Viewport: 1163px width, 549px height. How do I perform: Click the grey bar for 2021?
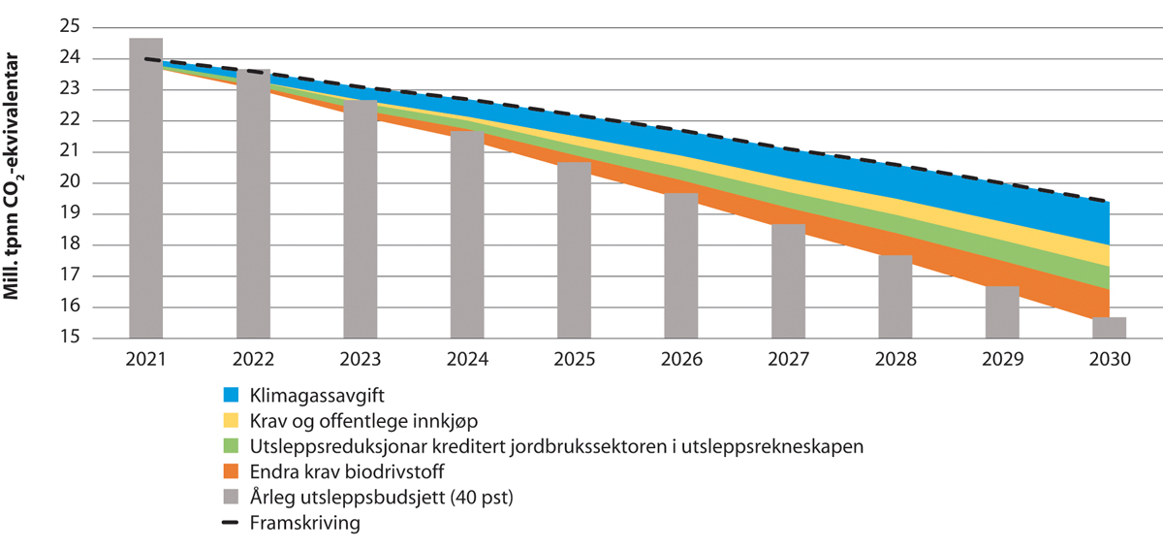point(145,189)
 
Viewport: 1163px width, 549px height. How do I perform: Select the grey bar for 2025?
point(574,252)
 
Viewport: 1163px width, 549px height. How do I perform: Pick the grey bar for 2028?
point(896,297)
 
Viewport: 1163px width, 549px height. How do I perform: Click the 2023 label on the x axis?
point(360,359)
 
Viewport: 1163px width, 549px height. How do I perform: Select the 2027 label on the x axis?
point(788,359)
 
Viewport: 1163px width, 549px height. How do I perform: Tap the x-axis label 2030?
point(1110,359)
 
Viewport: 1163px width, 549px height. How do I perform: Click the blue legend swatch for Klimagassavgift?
point(231,396)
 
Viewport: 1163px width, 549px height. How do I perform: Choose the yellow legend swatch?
point(231,421)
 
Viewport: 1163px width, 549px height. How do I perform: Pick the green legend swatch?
point(231,446)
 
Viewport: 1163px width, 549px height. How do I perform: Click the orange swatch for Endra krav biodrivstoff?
point(231,471)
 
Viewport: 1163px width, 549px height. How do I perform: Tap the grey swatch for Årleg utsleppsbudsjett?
point(231,498)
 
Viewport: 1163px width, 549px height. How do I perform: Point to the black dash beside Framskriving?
point(231,523)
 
